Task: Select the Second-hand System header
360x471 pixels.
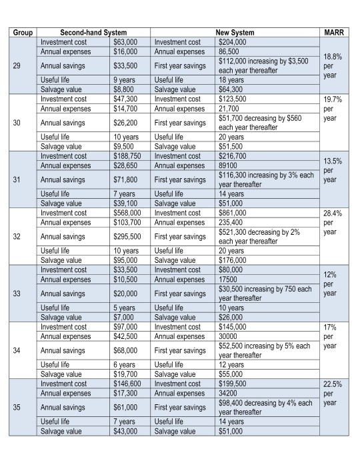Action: point(93,32)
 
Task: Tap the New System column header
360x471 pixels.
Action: point(235,32)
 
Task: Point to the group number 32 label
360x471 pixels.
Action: point(21,236)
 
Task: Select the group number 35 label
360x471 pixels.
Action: point(21,407)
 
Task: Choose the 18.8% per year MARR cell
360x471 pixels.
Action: point(333,66)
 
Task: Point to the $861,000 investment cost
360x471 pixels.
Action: point(233,213)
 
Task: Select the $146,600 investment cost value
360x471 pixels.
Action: point(127,384)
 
